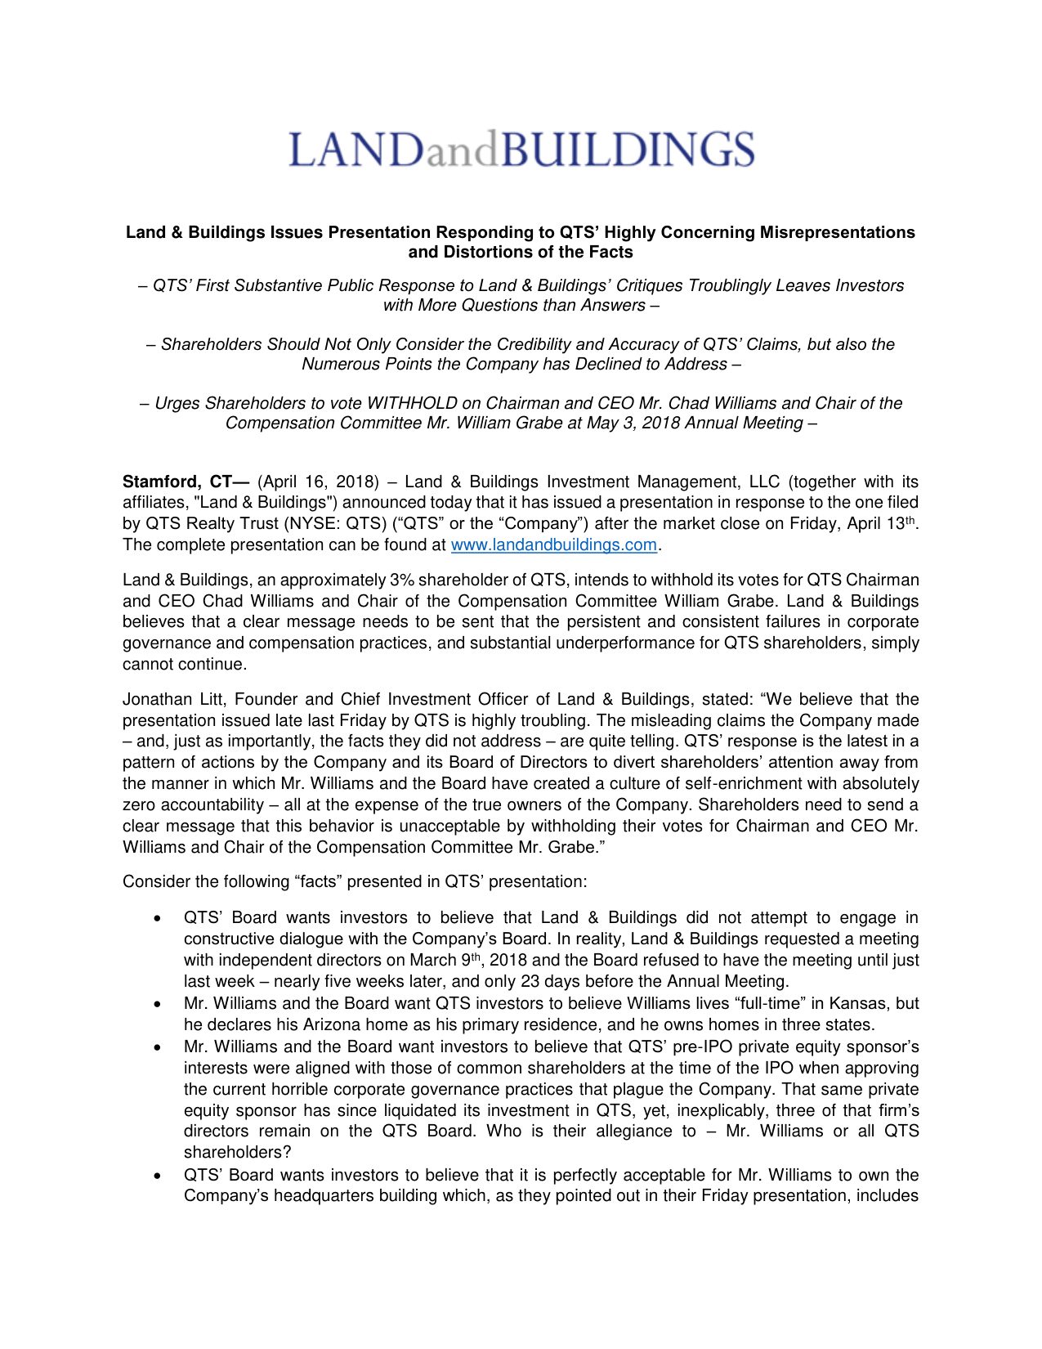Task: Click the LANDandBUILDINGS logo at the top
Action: pyautogui.click(x=521, y=150)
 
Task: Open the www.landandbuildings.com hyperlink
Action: pyautogui.click(x=553, y=545)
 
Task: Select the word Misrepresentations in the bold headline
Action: pyautogui.click(x=837, y=232)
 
